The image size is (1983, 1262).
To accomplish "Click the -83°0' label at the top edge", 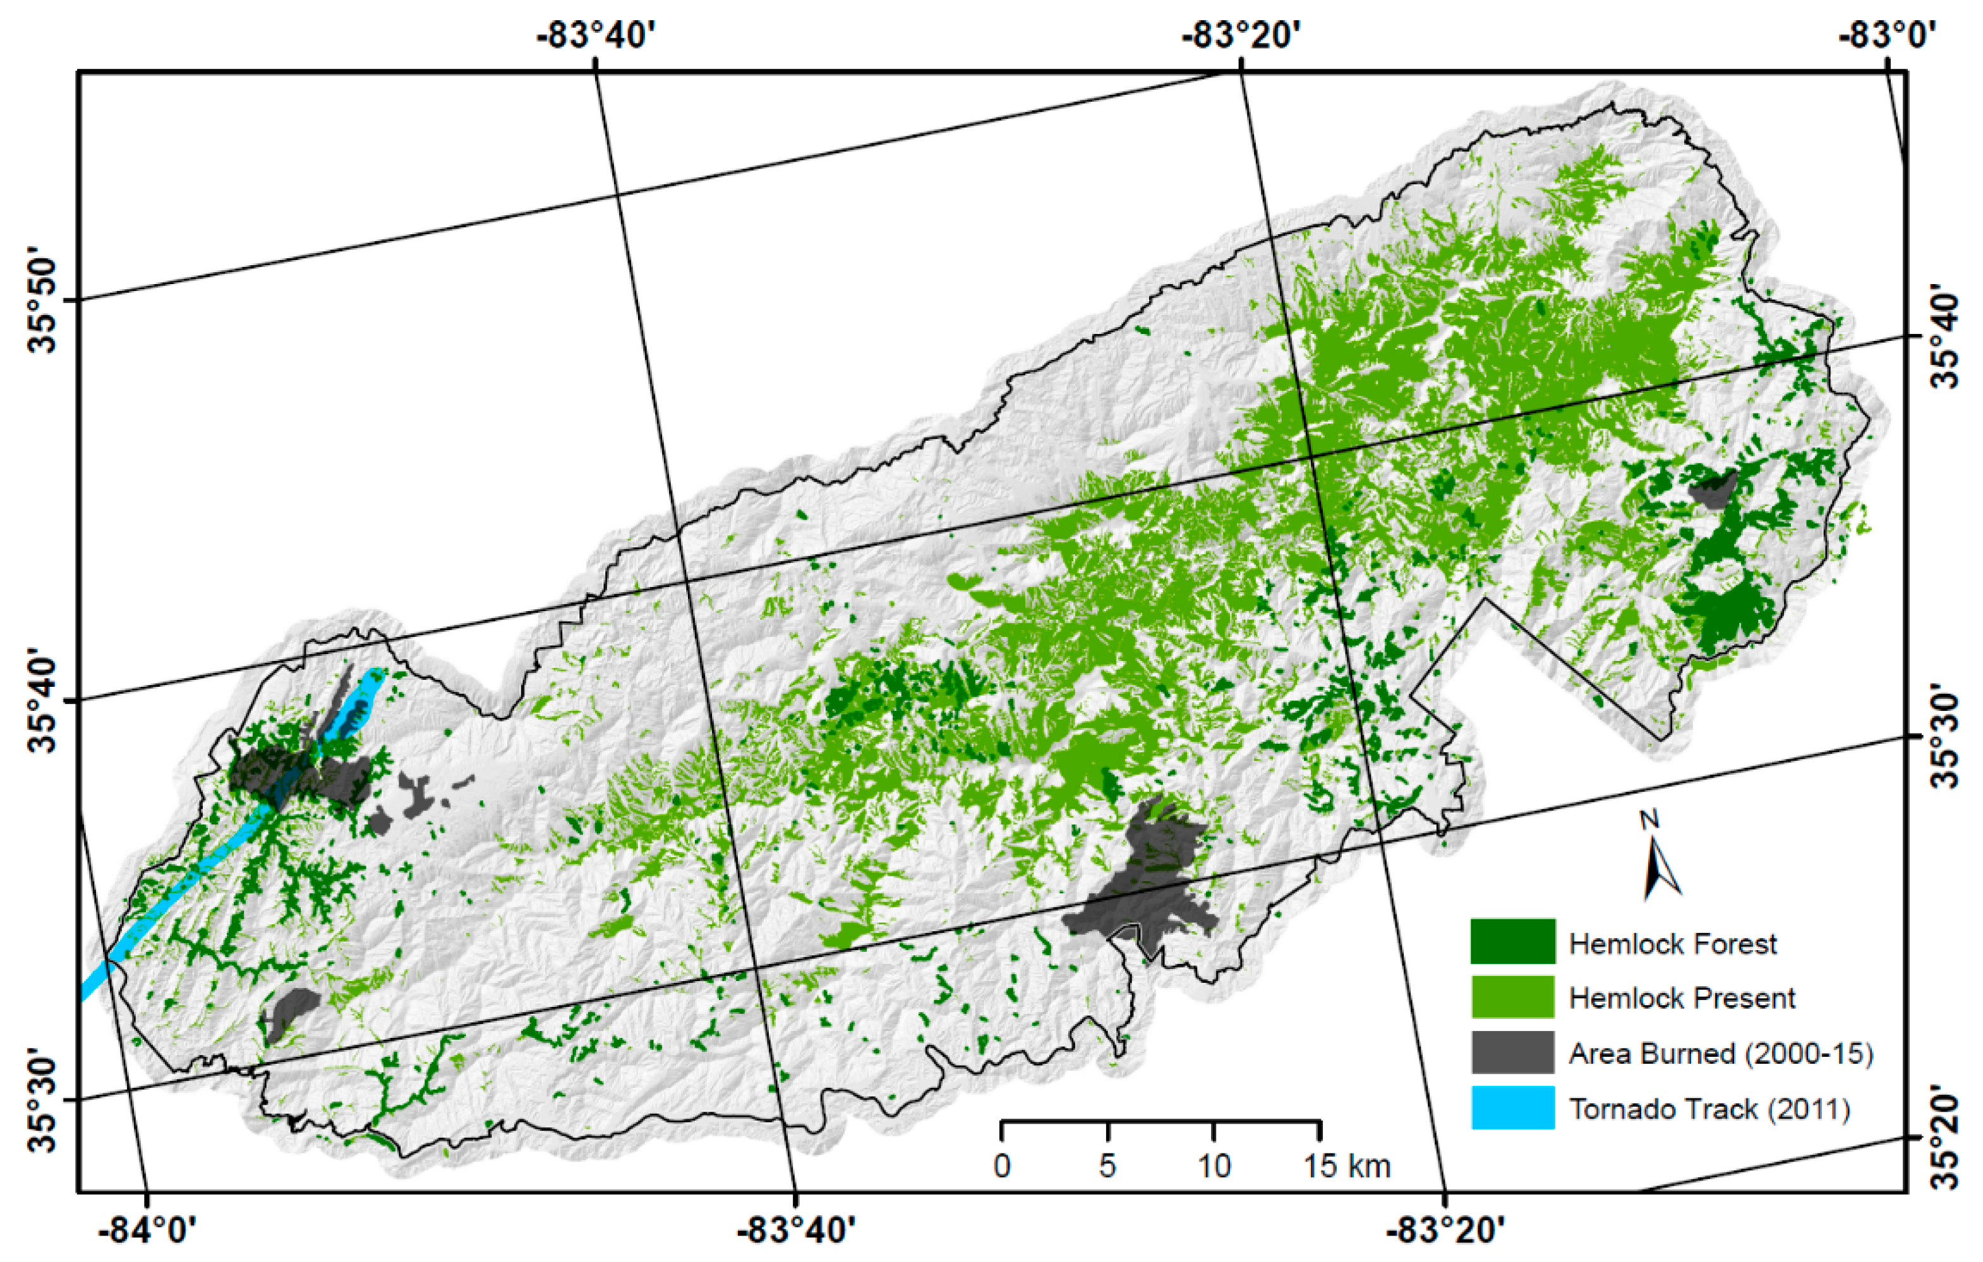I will pos(1886,35).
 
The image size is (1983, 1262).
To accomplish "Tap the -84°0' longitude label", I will pos(147,1232).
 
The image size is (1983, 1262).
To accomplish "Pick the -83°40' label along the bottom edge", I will pos(795,1232).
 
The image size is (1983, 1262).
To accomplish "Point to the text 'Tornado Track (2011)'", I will pos(1709,1109).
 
